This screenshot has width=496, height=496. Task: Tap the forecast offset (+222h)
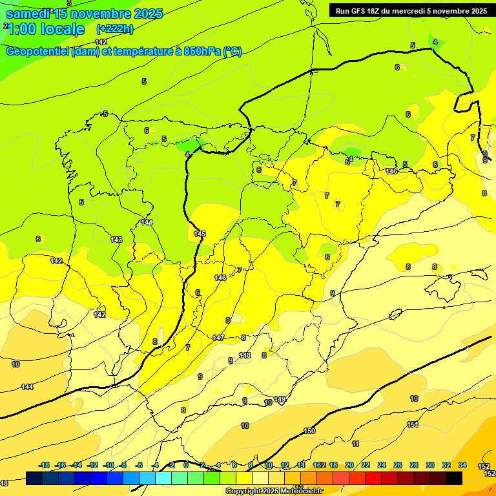pos(114,28)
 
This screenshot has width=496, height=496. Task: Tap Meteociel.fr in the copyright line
pos(296,491)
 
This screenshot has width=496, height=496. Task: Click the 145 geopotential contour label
pos(200,234)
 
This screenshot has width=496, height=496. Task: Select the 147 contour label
pos(218,338)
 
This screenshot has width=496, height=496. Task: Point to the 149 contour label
pos(280,400)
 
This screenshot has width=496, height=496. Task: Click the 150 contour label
pos(309,431)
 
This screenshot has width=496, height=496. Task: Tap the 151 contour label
pos(413,424)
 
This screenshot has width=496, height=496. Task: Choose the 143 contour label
pos(116,240)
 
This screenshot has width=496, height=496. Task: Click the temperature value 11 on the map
pos(355,444)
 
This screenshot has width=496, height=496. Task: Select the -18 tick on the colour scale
pos(44,465)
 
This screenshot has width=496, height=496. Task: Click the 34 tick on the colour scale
pos(462,465)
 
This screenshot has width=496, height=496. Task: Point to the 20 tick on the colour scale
pos(349,465)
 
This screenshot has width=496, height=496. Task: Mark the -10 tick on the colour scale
pos(108,465)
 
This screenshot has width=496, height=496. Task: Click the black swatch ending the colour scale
pos(454,478)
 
